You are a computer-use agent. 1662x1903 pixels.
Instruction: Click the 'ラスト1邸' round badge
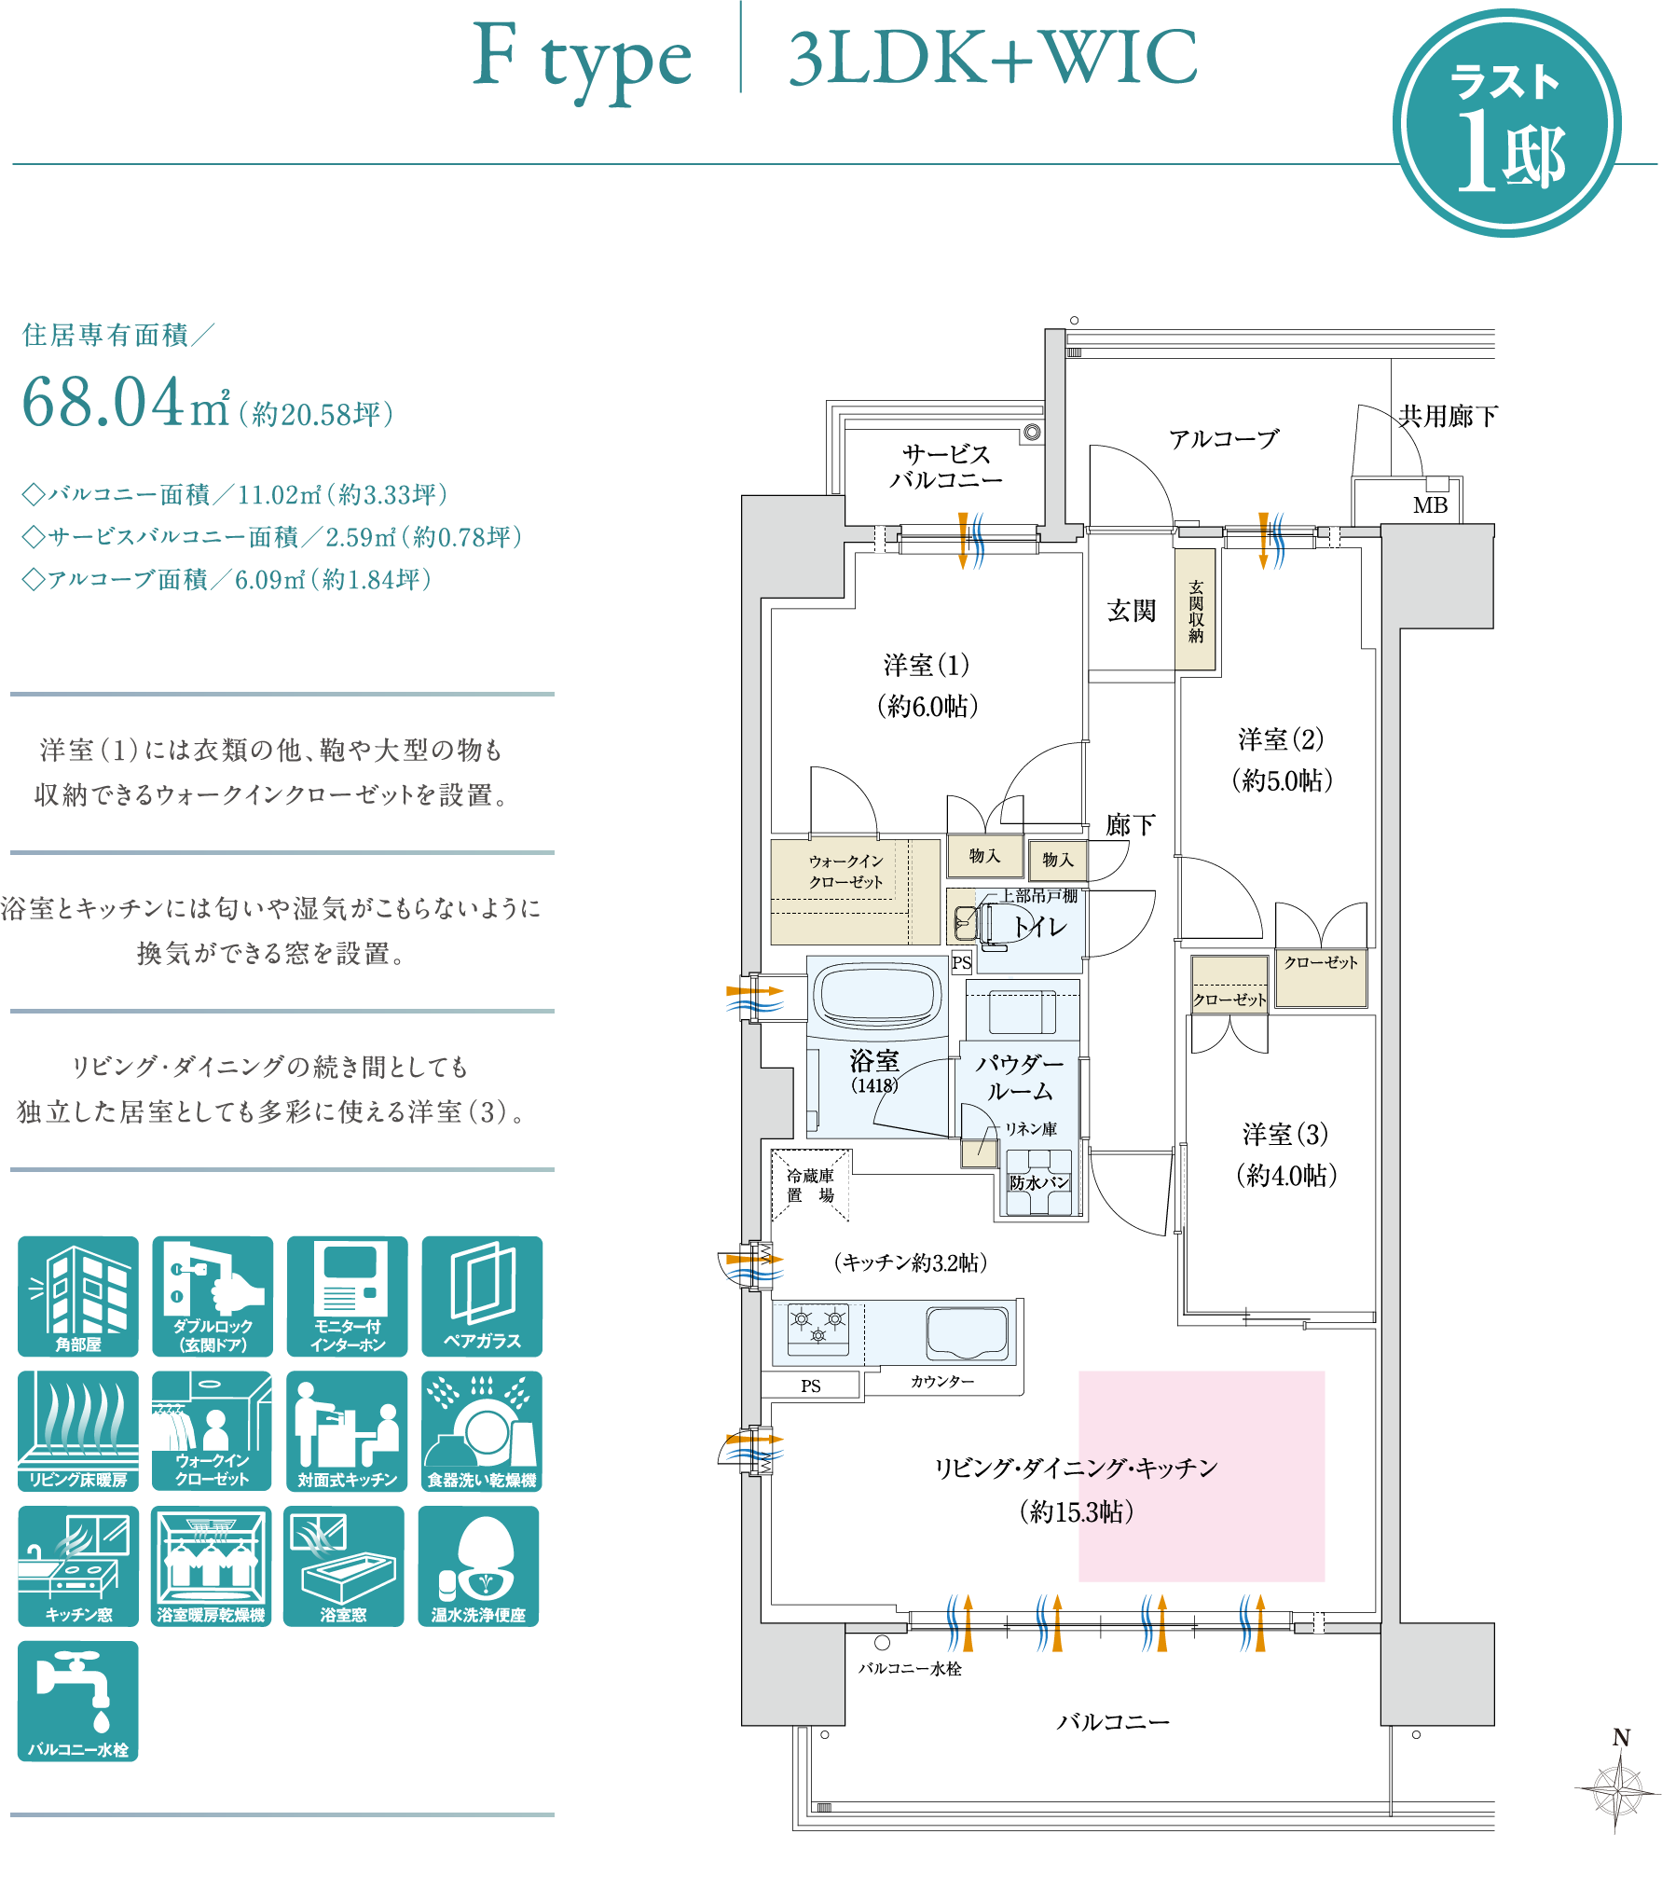tap(1506, 123)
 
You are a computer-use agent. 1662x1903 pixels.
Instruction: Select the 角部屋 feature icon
tap(78, 1296)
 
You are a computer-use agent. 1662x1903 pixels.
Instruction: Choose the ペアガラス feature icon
tap(482, 1296)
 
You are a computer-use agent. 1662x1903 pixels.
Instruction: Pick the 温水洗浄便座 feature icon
tap(478, 1566)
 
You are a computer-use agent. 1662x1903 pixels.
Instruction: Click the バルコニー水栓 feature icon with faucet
tap(78, 1702)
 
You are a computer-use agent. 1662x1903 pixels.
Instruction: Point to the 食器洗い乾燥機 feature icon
tap(482, 1431)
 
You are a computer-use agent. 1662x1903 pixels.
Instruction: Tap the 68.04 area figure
tap(103, 403)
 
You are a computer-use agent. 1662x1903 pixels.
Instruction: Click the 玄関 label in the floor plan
tap(1132, 611)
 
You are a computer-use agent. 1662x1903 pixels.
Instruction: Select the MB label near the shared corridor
tap(1430, 505)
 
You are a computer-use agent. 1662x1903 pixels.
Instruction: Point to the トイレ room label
tap(1040, 926)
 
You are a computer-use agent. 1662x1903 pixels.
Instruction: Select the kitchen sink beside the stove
tap(968, 1333)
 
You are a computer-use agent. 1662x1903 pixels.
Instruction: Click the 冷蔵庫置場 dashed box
tap(810, 1185)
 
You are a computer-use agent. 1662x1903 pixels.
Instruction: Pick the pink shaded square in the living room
tap(1202, 1476)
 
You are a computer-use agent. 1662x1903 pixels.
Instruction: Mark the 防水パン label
tap(1039, 1182)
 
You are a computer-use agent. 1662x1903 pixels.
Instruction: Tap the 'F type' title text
tap(582, 60)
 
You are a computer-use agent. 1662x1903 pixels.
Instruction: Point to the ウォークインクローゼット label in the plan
tap(845, 871)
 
